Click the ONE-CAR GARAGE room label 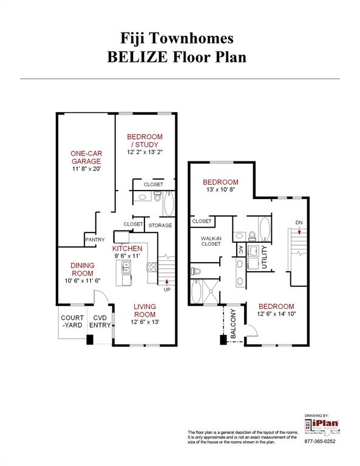(85, 157)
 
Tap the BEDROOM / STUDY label (144, 141)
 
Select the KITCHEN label (127, 249)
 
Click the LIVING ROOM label (144, 310)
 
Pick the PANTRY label (94, 240)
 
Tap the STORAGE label (160, 225)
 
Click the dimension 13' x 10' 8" (220, 190)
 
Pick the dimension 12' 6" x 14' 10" (276, 314)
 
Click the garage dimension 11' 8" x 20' (85, 169)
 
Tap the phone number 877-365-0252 (319, 441)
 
